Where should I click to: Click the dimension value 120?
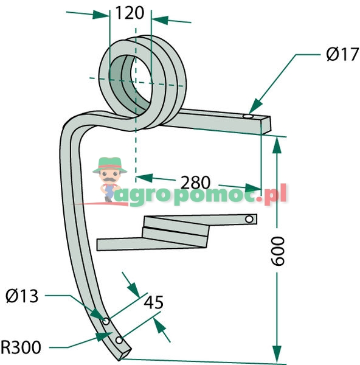tap(130, 13)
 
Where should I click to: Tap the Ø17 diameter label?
tap(342, 55)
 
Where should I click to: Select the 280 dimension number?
tap(195, 182)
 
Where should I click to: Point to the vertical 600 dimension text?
tap(278, 251)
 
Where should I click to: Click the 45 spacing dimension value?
tap(154, 302)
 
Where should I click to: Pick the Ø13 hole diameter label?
tap(22, 296)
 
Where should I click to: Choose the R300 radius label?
tap(21, 347)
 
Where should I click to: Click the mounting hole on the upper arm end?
tap(248, 116)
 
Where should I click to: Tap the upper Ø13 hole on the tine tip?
tap(106, 322)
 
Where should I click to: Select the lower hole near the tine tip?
tap(119, 340)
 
